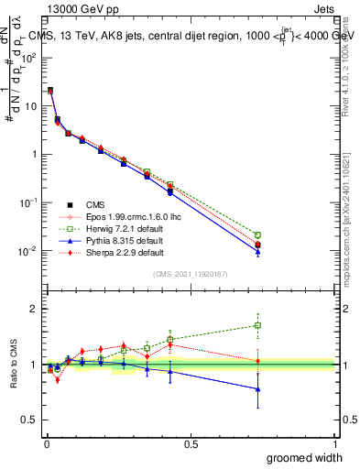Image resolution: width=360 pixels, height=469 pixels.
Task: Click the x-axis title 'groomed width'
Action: pyautogui.click(x=305, y=457)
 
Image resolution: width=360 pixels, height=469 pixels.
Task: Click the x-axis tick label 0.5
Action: pyautogui.click(x=190, y=444)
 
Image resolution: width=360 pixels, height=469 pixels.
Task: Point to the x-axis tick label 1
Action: pyautogui.click(x=335, y=444)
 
